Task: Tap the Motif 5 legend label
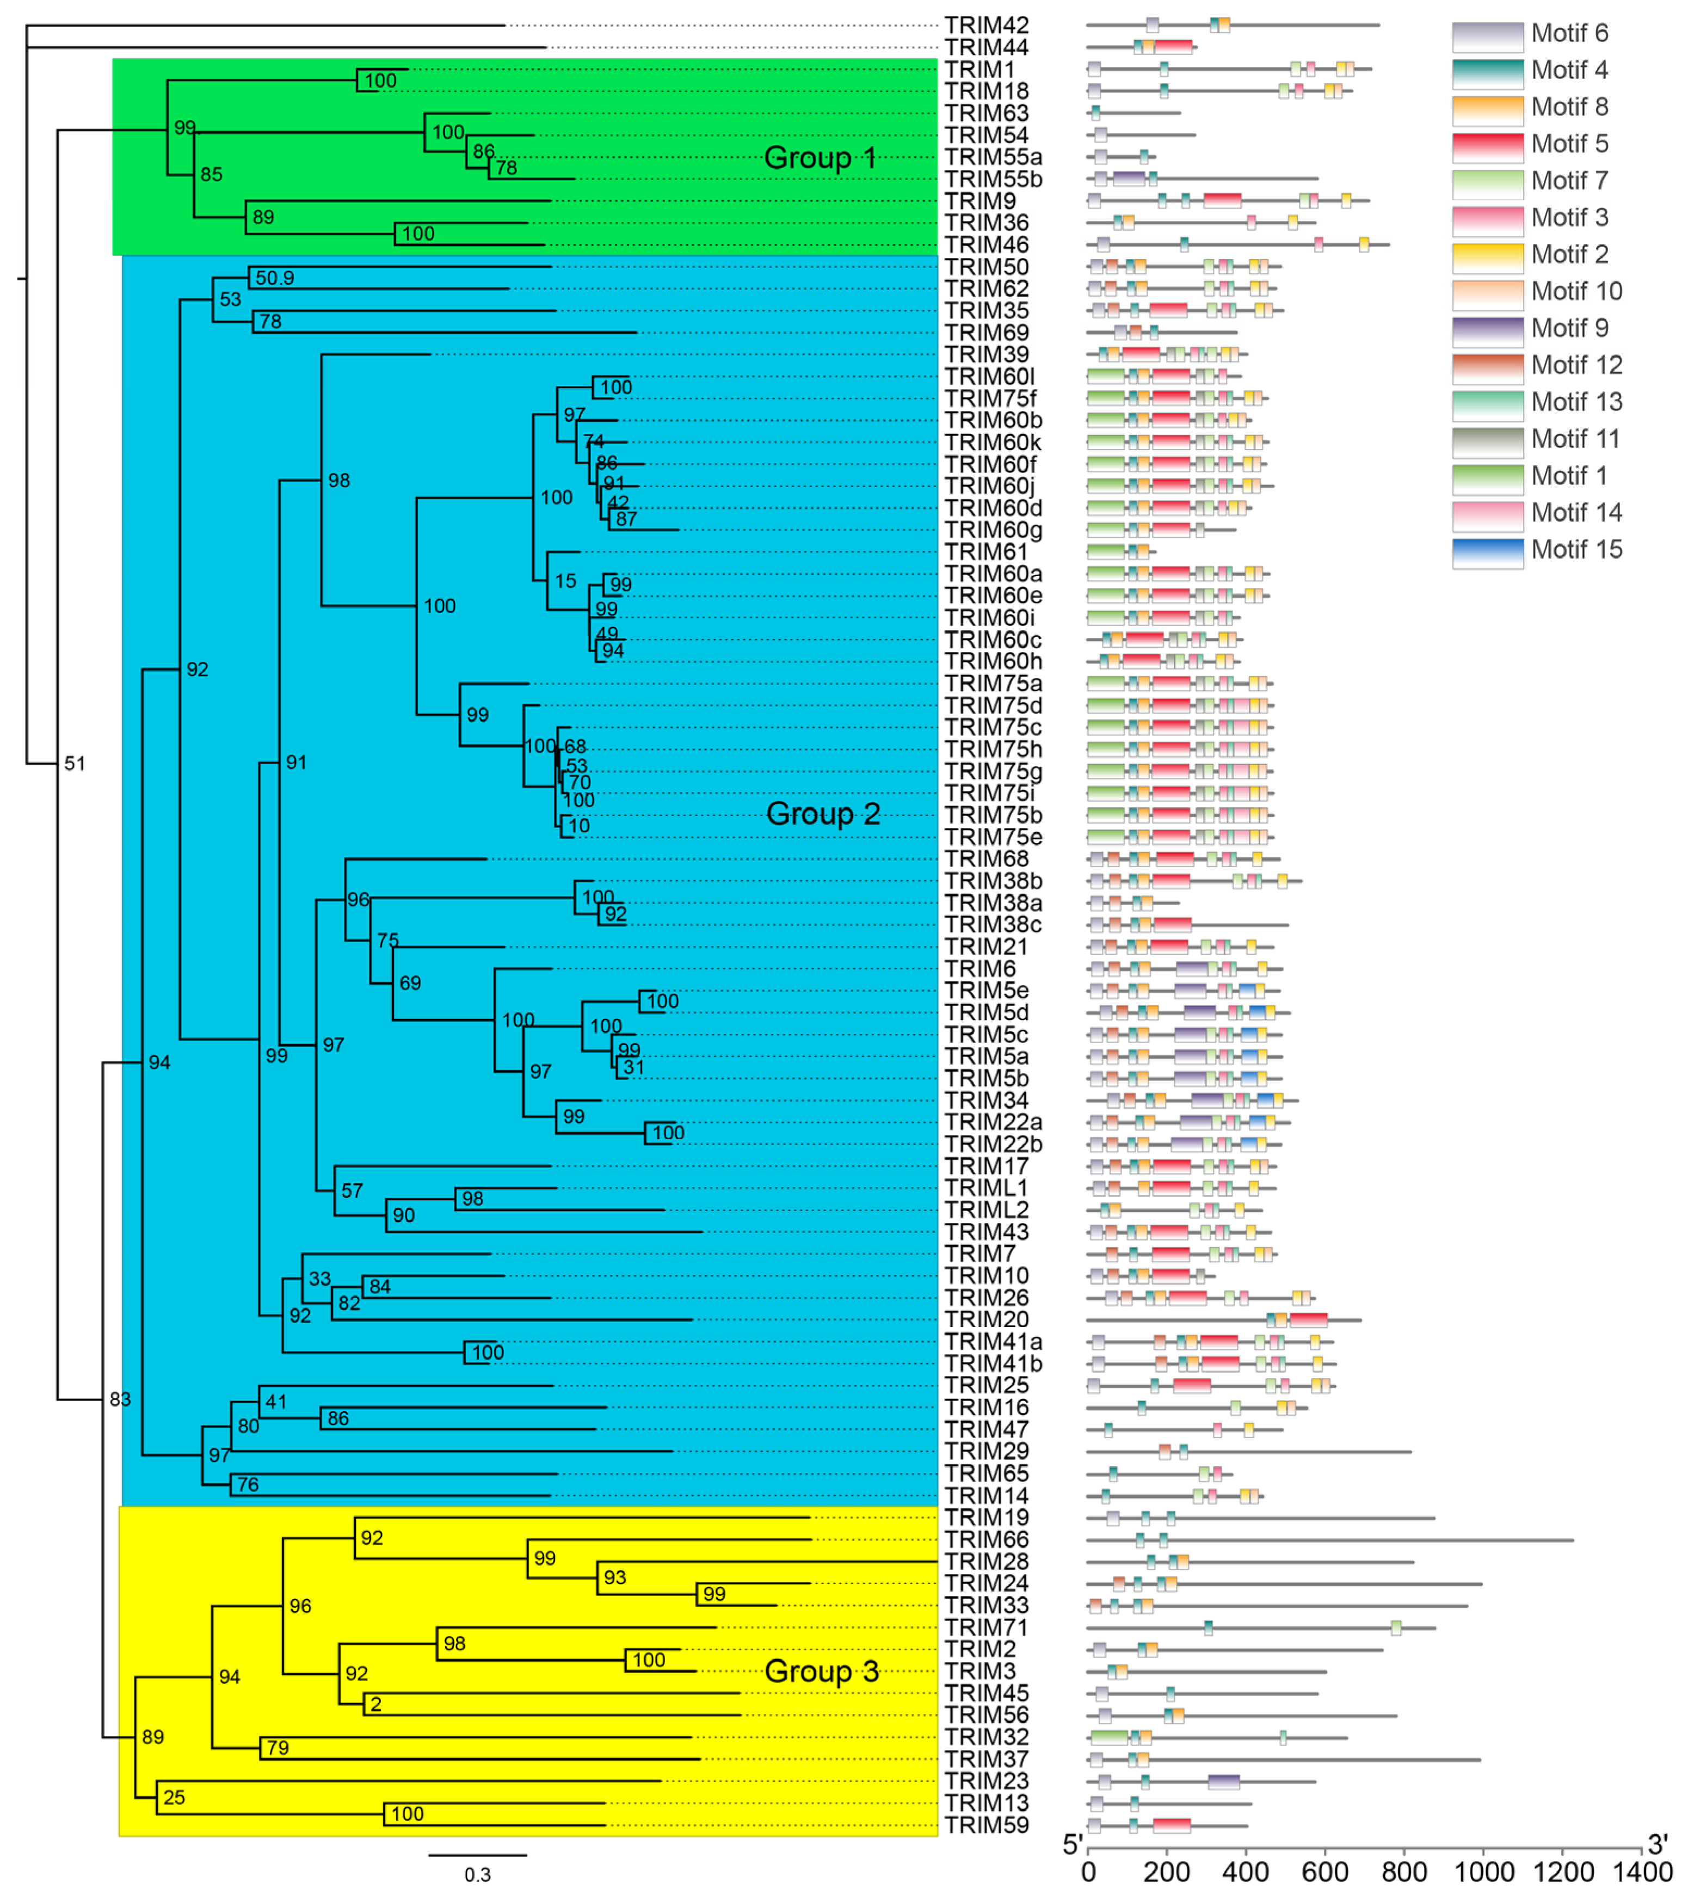[1569, 144]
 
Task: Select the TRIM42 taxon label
[985, 25]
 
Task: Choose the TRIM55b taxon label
[993, 179]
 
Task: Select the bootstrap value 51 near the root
[75, 764]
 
